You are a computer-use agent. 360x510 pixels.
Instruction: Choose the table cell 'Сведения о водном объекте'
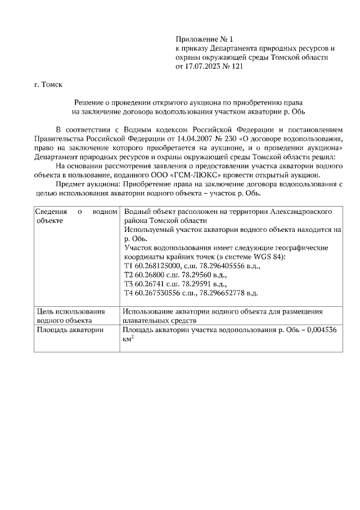point(76,216)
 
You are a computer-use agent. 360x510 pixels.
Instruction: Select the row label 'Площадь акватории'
point(70,330)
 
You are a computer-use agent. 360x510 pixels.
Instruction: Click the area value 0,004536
point(319,330)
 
